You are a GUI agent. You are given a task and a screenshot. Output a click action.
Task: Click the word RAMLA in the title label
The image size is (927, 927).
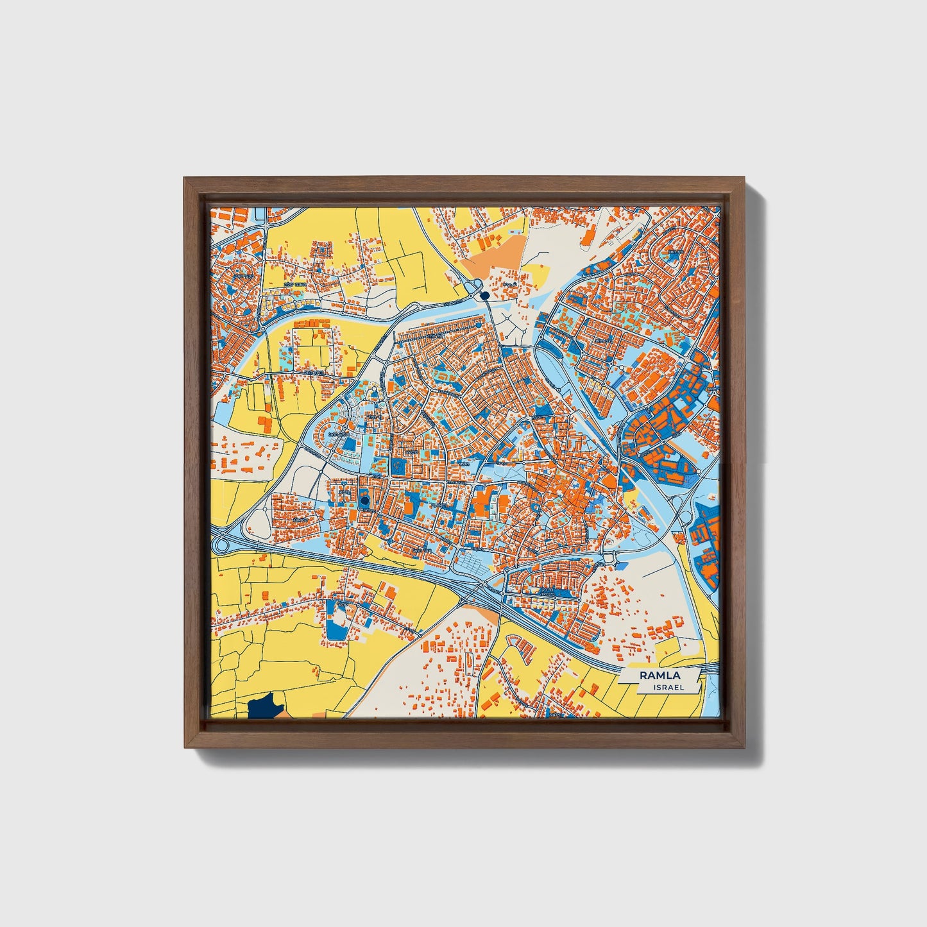coord(659,675)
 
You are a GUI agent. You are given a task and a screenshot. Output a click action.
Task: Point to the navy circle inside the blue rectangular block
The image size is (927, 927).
coord(365,500)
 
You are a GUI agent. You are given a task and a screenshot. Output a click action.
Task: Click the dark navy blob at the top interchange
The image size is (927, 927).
coord(484,294)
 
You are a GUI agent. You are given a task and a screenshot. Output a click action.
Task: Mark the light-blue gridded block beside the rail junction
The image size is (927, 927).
coord(472,565)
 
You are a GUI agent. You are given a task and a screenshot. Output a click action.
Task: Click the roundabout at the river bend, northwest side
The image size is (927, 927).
coord(263,329)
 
